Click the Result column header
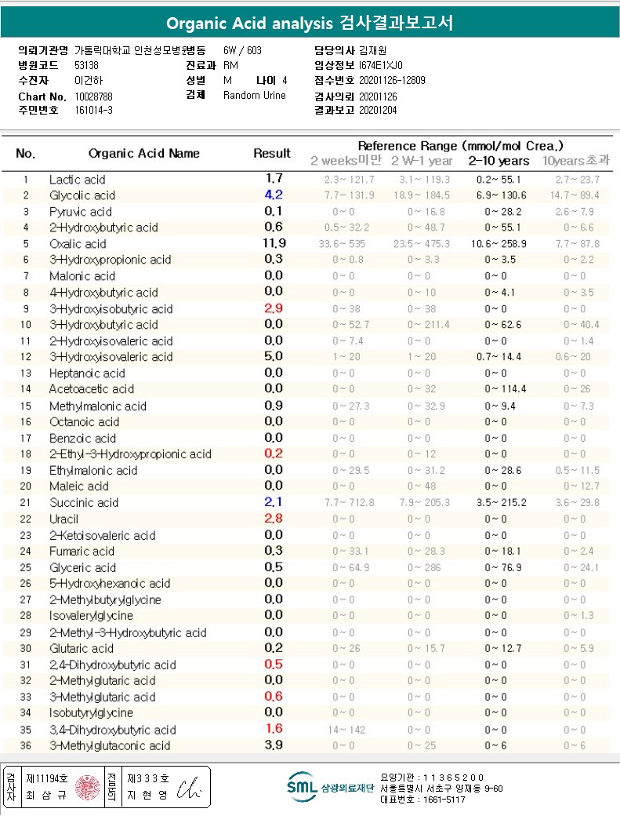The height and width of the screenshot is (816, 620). pos(272,154)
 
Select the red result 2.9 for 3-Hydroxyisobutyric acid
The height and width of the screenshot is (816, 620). pos(274,308)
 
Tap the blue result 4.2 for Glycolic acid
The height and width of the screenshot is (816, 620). pos(274,195)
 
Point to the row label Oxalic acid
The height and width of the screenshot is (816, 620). pos(78,244)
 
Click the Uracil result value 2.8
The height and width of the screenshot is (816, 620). pos(274,519)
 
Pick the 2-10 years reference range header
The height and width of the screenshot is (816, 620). pos(499,161)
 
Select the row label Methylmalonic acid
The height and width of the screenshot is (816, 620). pos(97,406)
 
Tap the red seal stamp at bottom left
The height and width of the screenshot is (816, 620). pos(87,787)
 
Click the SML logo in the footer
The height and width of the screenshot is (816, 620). pos(301,787)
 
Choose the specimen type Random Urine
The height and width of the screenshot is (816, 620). pos(255,96)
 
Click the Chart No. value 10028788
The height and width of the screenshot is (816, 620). pos(93,97)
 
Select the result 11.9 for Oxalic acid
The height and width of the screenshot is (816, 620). pos(274,243)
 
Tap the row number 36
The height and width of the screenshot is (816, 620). pos(26,745)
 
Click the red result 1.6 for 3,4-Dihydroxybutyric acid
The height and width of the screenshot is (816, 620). pos(274,729)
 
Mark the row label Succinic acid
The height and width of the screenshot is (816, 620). pos(84,503)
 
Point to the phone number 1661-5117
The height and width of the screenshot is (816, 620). pos(437,800)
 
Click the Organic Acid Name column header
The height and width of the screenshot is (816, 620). pos(144,154)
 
